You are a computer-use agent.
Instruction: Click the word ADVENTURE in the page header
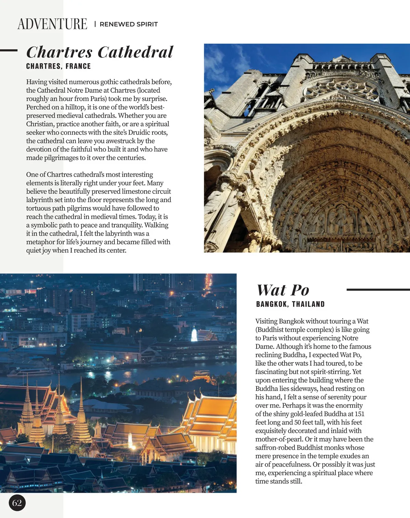coord(52,24)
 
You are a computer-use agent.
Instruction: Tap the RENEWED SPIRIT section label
coord(128,24)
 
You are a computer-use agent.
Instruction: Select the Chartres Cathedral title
coord(100,52)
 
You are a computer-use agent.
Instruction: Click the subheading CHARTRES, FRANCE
coord(58,66)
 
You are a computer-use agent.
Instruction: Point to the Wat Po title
coord(283,290)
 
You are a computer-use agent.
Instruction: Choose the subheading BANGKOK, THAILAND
coord(290,304)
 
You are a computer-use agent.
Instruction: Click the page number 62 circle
coord(17,503)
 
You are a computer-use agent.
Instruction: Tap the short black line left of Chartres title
coord(9,50)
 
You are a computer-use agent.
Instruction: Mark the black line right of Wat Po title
coord(378,290)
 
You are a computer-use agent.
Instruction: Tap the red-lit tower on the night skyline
coord(208,284)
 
